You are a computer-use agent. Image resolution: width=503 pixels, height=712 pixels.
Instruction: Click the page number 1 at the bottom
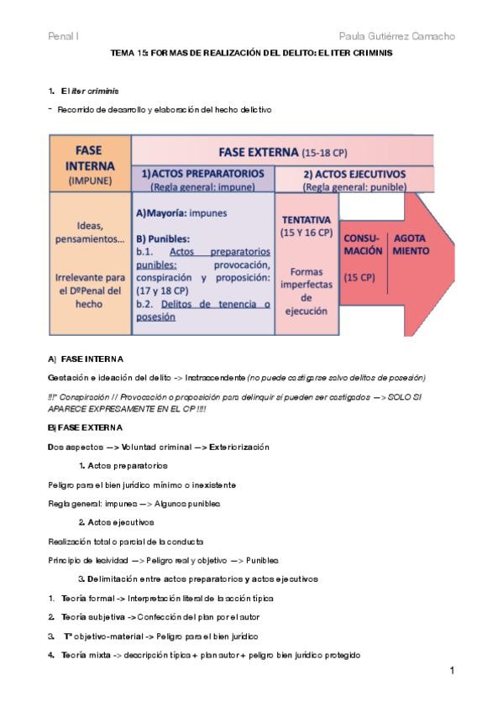coord(452,670)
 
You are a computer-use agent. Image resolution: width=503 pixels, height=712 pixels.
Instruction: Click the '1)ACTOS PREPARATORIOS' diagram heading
coord(203,174)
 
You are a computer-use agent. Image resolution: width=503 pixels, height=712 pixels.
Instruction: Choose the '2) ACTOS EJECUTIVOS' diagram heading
coord(354,174)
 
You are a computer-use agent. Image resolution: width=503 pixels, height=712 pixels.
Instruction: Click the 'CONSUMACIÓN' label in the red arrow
coord(363,244)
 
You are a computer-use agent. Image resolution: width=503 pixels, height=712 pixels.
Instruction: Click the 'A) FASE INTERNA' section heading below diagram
coord(86,359)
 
